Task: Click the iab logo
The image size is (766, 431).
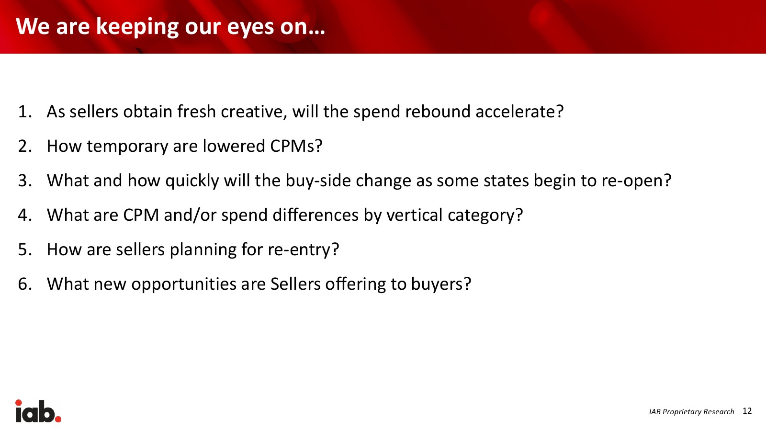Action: tap(38, 411)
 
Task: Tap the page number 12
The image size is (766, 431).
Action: tap(747, 411)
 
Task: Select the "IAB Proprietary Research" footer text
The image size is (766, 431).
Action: tap(691, 411)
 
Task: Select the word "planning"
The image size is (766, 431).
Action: tap(203, 250)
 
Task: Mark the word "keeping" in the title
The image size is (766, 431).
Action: tap(137, 27)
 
